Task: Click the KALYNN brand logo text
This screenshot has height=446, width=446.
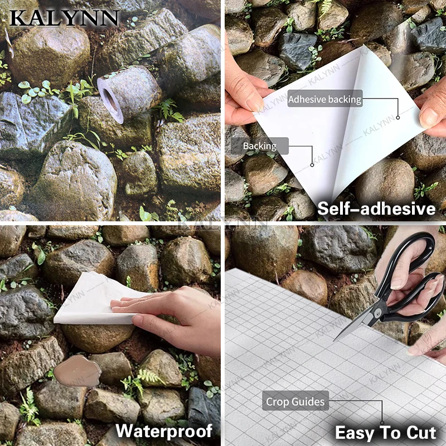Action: [64, 18]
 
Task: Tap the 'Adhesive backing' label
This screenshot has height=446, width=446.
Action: [324, 100]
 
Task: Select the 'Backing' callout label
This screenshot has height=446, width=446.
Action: [259, 146]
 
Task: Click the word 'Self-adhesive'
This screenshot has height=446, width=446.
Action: [376, 209]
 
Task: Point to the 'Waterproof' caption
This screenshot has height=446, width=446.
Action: [164, 430]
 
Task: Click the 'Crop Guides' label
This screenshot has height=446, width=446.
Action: [295, 401]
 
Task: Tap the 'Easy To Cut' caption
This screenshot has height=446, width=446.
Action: [385, 433]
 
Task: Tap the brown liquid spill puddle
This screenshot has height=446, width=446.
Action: [79, 371]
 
